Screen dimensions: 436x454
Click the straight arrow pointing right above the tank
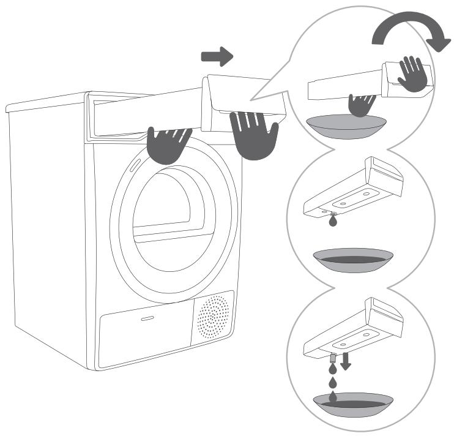[x=217, y=58]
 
